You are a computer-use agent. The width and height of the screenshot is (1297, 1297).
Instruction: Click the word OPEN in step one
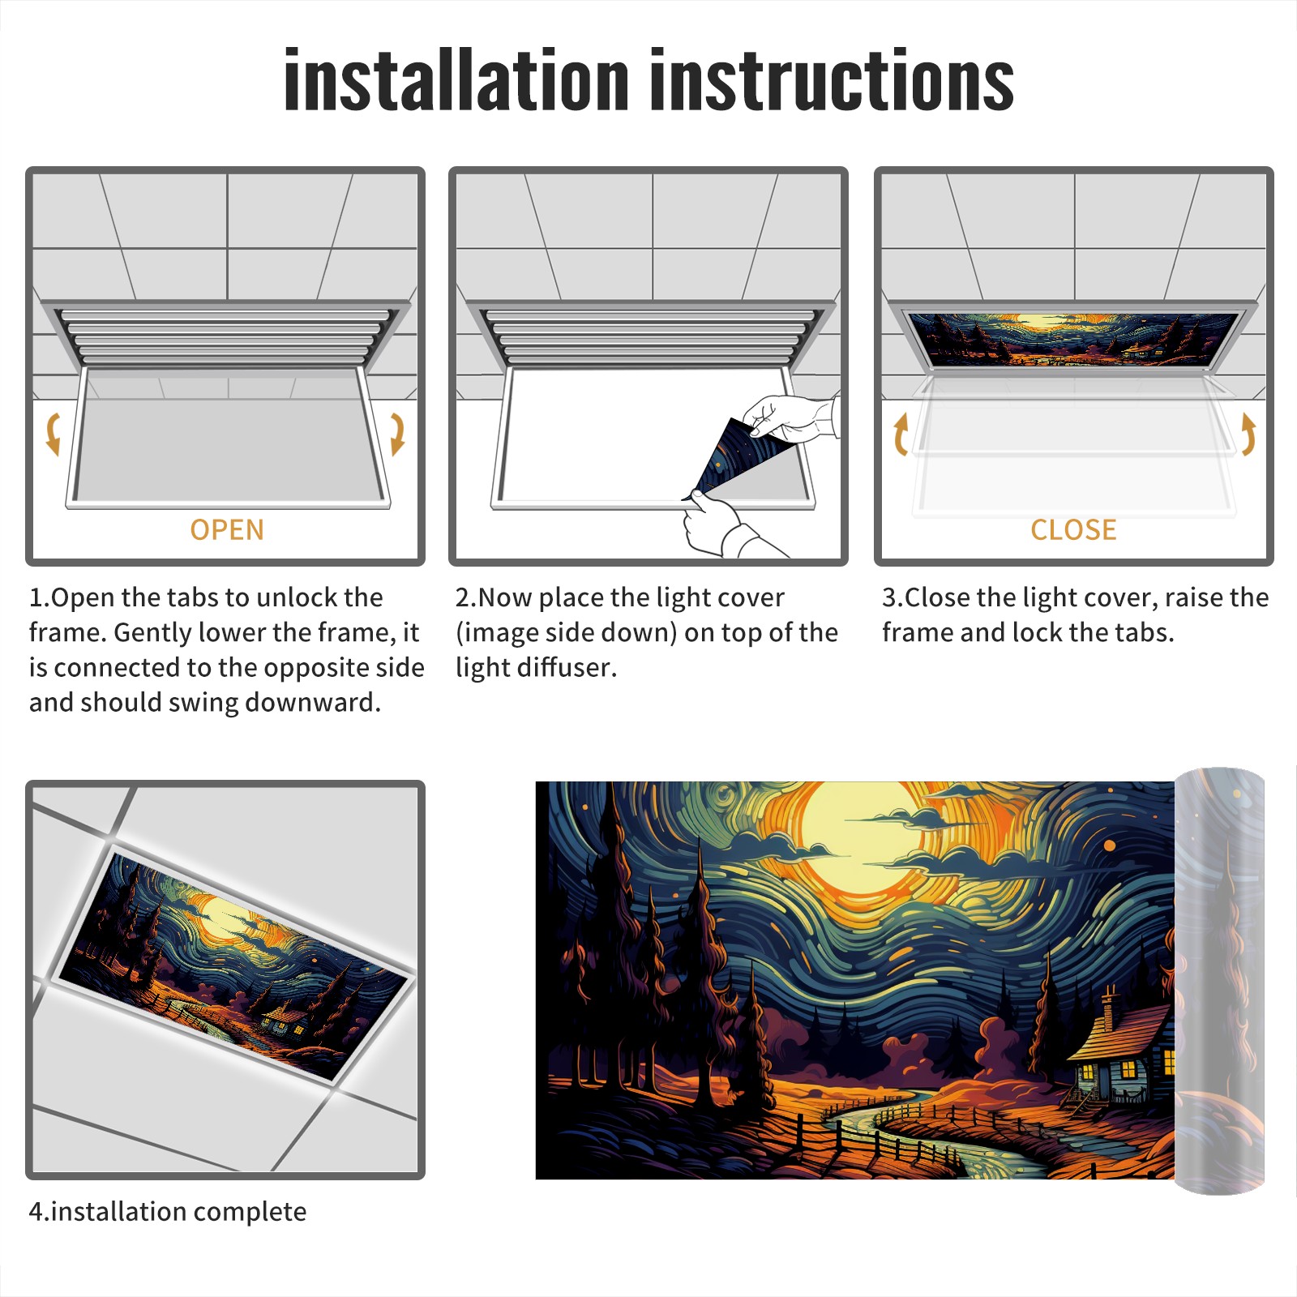(x=227, y=530)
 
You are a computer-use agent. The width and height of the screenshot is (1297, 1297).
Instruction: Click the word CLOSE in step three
(x=1073, y=530)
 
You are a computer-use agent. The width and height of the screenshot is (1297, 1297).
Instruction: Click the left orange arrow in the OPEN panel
(x=53, y=434)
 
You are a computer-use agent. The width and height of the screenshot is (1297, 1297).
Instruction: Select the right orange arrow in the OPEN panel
(x=397, y=434)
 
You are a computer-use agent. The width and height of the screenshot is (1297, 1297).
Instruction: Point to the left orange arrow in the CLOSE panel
(x=900, y=434)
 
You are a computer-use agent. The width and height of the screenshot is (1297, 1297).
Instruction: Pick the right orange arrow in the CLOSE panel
(x=1248, y=434)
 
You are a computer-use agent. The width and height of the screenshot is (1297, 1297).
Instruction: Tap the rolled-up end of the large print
(x=1219, y=981)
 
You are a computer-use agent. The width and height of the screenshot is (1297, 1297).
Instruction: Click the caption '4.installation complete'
(x=168, y=1212)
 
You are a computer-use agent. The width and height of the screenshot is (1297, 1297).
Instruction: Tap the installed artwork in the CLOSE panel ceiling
(x=1073, y=339)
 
